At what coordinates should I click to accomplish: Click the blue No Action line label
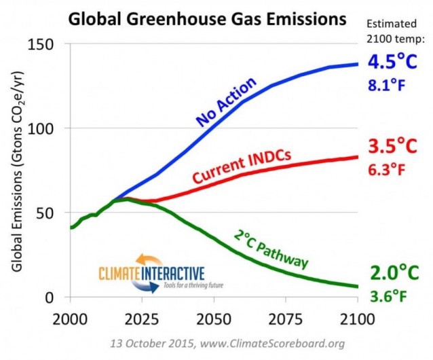[227, 102]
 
